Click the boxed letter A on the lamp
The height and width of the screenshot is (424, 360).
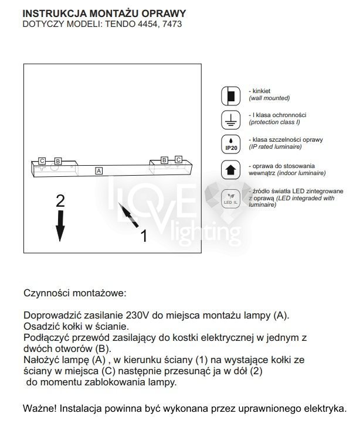pyautogui.click(x=99, y=170)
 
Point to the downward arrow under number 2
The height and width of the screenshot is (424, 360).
pyautogui.click(x=60, y=225)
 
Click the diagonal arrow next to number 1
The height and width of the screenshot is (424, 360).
pyautogui.click(x=128, y=216)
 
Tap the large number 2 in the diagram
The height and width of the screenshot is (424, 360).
pyautogui.click(x=60, y=201)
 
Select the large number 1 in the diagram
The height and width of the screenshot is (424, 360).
pyautogui.click(x=143, y=235)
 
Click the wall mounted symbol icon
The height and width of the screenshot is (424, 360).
pyautogui.click(x=230, y=95)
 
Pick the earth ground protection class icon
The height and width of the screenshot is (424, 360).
pyautogui.click(x=230, y=119)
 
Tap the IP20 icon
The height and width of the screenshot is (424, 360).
pyautogui.click(x=230, y=144)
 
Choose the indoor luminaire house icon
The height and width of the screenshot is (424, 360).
pyautogui.click(x=230, y=169)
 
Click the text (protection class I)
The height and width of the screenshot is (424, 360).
pyautogui.click(x=274, y=122)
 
